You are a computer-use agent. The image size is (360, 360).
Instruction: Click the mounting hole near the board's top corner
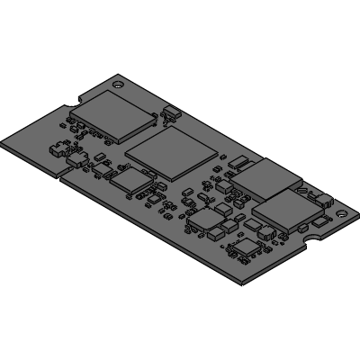tap(119, 82)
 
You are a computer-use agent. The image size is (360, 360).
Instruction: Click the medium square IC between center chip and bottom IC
tap(206, 219)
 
